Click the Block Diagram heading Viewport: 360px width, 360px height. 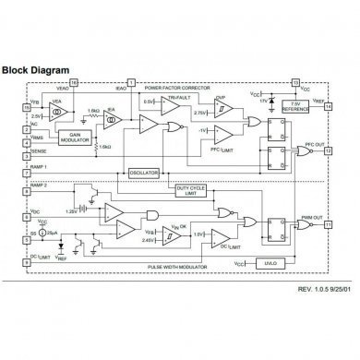coord(39,67)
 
